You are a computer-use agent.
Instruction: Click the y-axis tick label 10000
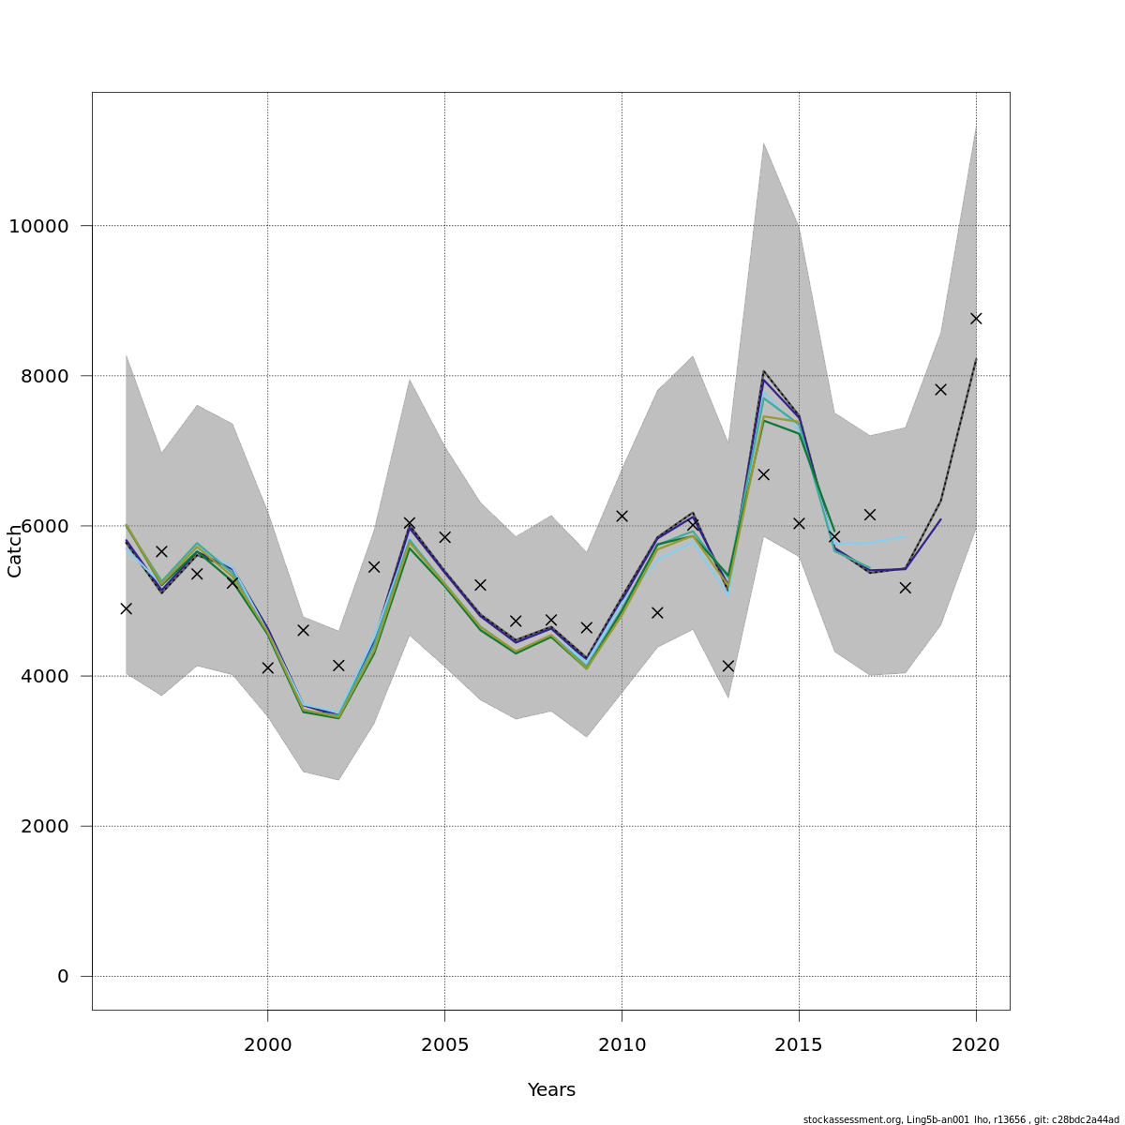tap(38, 226)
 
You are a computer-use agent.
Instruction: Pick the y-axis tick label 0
tap(63, 976)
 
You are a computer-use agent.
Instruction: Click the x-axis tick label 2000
tap(268, 1042)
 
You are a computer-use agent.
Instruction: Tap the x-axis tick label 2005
tap(444, 1042)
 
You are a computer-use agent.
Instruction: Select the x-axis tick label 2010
tap(622, 1042)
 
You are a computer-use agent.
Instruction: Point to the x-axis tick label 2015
tap(799, 1042)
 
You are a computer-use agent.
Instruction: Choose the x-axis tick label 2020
tap(976, 1042)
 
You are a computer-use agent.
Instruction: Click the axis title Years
tap(551, 1090)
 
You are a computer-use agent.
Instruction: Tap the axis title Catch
tap(15, 551)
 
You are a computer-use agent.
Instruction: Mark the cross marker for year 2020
tap(976, 319)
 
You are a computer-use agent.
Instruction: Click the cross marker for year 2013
tap(728, 666)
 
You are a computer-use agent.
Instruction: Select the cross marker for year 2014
tap(763, 474)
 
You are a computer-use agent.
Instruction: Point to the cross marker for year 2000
tap(268, 667)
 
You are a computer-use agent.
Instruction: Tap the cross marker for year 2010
tap(622, 516)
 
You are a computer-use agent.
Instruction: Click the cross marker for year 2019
tap(940, 389)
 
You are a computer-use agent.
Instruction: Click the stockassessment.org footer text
tap(961, 1119)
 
